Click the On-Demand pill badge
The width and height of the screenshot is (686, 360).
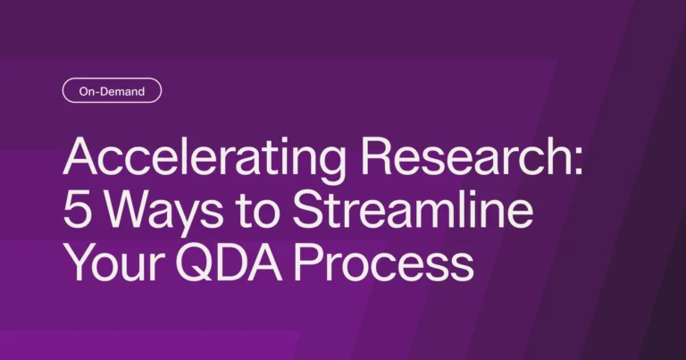tap(112, 90)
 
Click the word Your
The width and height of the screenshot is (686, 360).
tap(115, 264)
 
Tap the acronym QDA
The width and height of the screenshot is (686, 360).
tap(229, 264)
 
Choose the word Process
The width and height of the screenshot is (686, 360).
tap(383, 264)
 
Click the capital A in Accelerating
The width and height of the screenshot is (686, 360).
tap(80, 156)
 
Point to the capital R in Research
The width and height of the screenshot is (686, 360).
tap(377, 156)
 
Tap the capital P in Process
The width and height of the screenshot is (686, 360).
tap(307, 264)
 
